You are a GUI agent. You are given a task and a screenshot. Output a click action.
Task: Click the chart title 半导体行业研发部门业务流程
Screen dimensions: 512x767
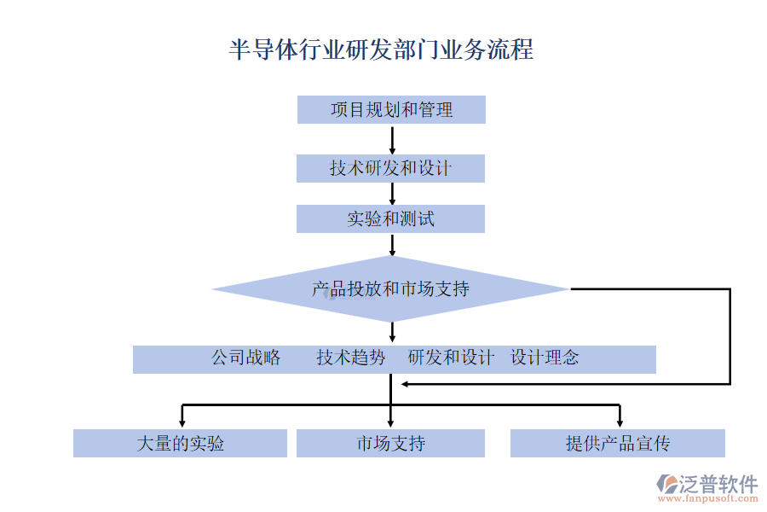(381, 49)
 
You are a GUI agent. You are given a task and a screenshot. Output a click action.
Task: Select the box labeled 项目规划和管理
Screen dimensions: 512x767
(391, 110)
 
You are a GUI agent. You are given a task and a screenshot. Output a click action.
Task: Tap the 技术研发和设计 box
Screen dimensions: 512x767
(390, 168)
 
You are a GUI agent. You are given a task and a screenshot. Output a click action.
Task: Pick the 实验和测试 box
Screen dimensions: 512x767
(390, 219)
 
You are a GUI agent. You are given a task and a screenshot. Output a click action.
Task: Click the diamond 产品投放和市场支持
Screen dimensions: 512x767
(390, 289)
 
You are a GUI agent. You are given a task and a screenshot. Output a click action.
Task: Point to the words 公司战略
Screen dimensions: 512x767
(246, 358)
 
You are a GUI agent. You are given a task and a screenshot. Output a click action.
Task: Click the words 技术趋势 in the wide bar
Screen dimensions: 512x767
(351, 358)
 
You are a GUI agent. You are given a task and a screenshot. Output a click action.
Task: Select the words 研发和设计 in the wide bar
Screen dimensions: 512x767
(451, 358)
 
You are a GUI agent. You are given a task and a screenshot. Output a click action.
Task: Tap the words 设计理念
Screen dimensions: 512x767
(545, 358)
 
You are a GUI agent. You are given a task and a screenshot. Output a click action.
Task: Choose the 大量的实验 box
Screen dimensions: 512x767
(180, 444)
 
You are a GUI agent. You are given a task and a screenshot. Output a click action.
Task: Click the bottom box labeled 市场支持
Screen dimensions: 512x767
(390, 444)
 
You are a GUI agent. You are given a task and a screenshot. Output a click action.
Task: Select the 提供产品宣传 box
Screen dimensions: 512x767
(618, 444)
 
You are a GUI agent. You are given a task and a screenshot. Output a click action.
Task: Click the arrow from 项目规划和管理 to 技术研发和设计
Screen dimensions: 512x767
(392, 139)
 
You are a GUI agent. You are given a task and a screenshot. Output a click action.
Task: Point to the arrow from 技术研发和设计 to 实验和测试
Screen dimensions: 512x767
(392, 194)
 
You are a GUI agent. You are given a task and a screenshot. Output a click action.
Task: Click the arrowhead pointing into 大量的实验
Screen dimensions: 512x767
(182, 421)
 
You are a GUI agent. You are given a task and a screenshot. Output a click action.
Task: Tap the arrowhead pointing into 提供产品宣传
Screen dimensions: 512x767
(620, 421)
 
